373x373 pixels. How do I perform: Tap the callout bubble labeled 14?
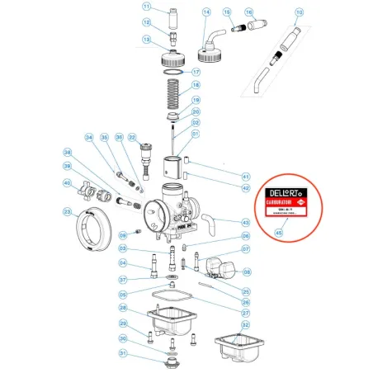206,12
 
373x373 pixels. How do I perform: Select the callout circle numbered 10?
298,12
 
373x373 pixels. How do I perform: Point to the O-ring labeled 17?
170,72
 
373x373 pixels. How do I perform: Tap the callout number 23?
68,212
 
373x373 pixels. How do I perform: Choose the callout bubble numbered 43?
245,223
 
